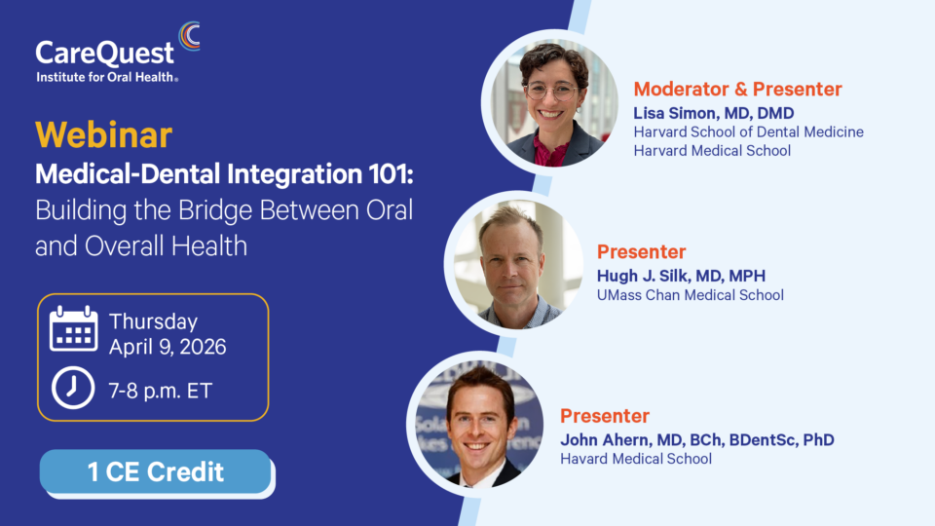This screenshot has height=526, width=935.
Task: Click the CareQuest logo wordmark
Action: pos(105,53)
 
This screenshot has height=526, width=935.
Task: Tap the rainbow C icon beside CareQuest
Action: pos(190,36)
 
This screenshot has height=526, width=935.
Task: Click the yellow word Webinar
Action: pos(104,134)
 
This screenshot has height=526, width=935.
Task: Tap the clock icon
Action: pos(73,387)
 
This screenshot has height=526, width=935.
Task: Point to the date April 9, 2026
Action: pos(168,347)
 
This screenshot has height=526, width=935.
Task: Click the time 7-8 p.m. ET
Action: pos(160,391)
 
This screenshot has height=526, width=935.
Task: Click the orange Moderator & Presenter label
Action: pos(737,90)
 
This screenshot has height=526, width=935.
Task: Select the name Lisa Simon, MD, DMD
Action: pos(714,113)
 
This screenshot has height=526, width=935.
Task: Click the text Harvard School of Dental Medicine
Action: pos(748,131)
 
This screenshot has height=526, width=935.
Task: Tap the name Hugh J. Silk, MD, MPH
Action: pos(681,276)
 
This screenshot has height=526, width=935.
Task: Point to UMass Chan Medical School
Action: pos(690,294)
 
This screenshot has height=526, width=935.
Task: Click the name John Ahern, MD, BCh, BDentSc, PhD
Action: pos(696,439)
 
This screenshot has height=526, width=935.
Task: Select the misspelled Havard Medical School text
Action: pos(635,458)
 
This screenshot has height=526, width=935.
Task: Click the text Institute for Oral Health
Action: pos(106,76)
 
